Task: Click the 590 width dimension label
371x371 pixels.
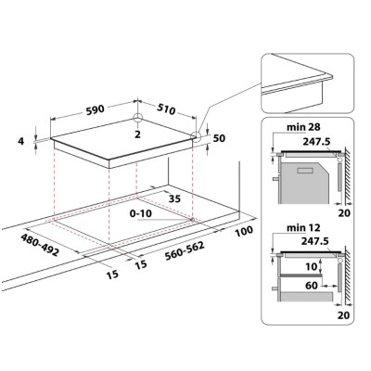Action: (x=96, y=110)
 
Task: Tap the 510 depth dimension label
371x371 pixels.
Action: (x=166, y=109)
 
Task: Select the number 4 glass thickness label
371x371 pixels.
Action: (x=20, y=141)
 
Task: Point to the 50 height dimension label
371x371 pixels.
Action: (x=219, y=138)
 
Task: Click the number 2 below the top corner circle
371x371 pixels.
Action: (x=137, y=134)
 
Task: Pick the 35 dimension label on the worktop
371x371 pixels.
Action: (x=174, y=198)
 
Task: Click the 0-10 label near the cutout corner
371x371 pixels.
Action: (x=141, y=213)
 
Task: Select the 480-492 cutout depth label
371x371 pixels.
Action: (x=40, y=245)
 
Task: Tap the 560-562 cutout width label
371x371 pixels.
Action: (x=185, y=250)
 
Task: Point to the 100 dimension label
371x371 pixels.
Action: (x=244, y=231)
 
